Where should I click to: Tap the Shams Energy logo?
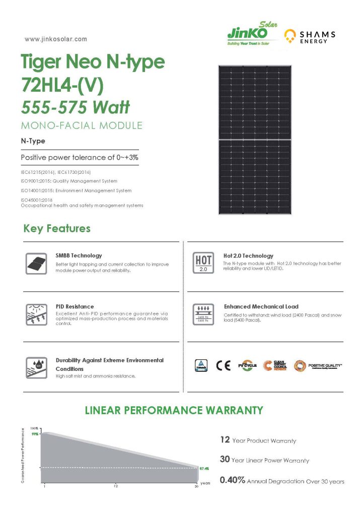click(x=310, y=36)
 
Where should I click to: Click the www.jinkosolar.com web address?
click(x=55, y=39)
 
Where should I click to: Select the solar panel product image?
click(x=254, y=139)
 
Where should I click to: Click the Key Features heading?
click(x=57, y=229)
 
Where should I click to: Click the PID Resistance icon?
click(x=35, y=314)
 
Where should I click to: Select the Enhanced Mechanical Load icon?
click(x=203, y=314)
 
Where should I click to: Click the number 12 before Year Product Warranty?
click(x=225, y=440)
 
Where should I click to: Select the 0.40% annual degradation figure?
click(x=233, y=481)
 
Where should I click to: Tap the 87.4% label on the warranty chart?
click(x=203, y=468)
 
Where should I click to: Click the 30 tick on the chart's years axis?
click(x=196, y=486)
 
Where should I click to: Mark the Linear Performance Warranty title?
click(x=174, y=410)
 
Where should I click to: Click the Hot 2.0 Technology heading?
click(x=248, y=256)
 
